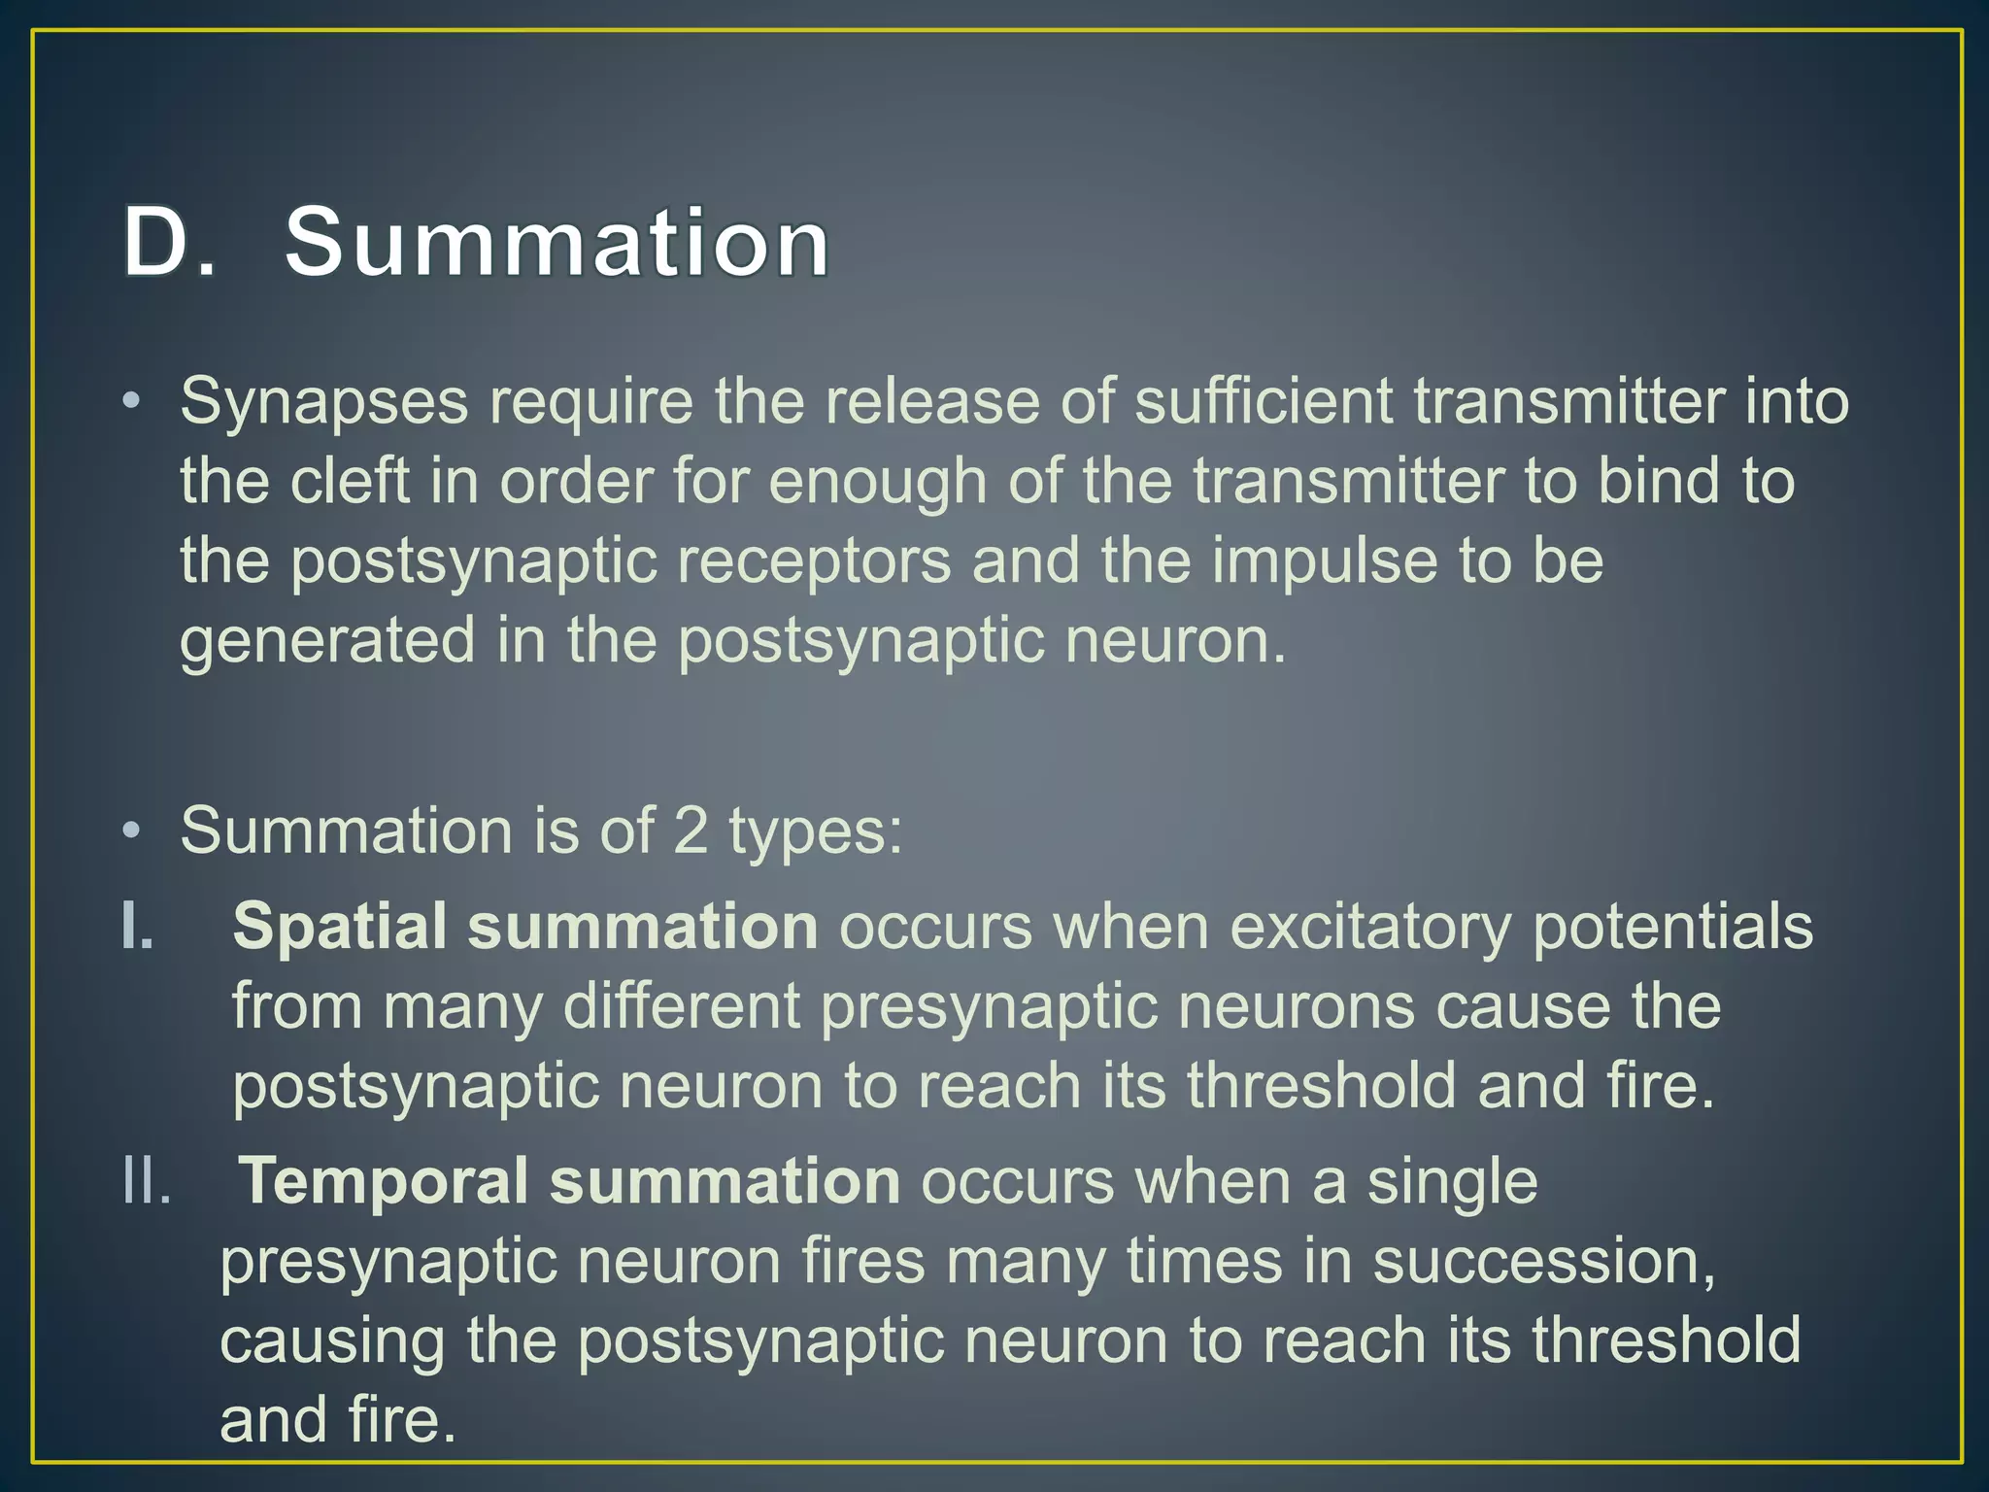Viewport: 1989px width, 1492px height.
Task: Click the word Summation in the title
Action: click(556, 242)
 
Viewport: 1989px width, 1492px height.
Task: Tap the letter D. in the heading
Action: click(167, 242)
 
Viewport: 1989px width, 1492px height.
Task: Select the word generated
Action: click(327, 641)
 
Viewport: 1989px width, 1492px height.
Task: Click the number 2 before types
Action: click(691, 831)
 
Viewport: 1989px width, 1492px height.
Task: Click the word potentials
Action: click(1672, 927)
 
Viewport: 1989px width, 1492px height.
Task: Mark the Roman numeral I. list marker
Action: click(138, 927)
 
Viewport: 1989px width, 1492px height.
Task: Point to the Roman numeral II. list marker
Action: click(147, 1182)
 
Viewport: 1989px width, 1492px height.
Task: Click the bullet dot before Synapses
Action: click(133, 402)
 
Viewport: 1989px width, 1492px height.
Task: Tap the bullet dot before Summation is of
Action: click(133, 831)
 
